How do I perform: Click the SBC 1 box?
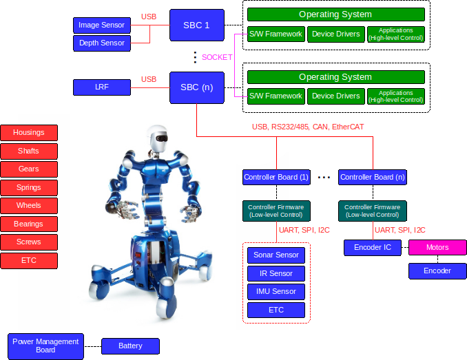point(196,25)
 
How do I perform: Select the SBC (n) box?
point(196,87)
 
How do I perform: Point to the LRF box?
point(101,87)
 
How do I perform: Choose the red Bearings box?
point(28,224)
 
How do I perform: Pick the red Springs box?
point(28,187)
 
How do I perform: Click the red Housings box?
point(28,133)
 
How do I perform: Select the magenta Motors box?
point(437,248)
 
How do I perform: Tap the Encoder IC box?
point(372,248)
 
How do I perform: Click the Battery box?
point(130,346)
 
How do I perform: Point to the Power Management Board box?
point(45,345)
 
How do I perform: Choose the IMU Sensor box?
point(276,291)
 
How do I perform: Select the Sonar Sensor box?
point(276,255)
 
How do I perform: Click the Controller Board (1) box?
point(276,177)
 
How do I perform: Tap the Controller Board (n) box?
point(372,177)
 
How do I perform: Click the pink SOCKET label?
point(217,57)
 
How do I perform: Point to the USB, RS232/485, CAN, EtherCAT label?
point(307,127)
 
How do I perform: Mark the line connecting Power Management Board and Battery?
point(92,346)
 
